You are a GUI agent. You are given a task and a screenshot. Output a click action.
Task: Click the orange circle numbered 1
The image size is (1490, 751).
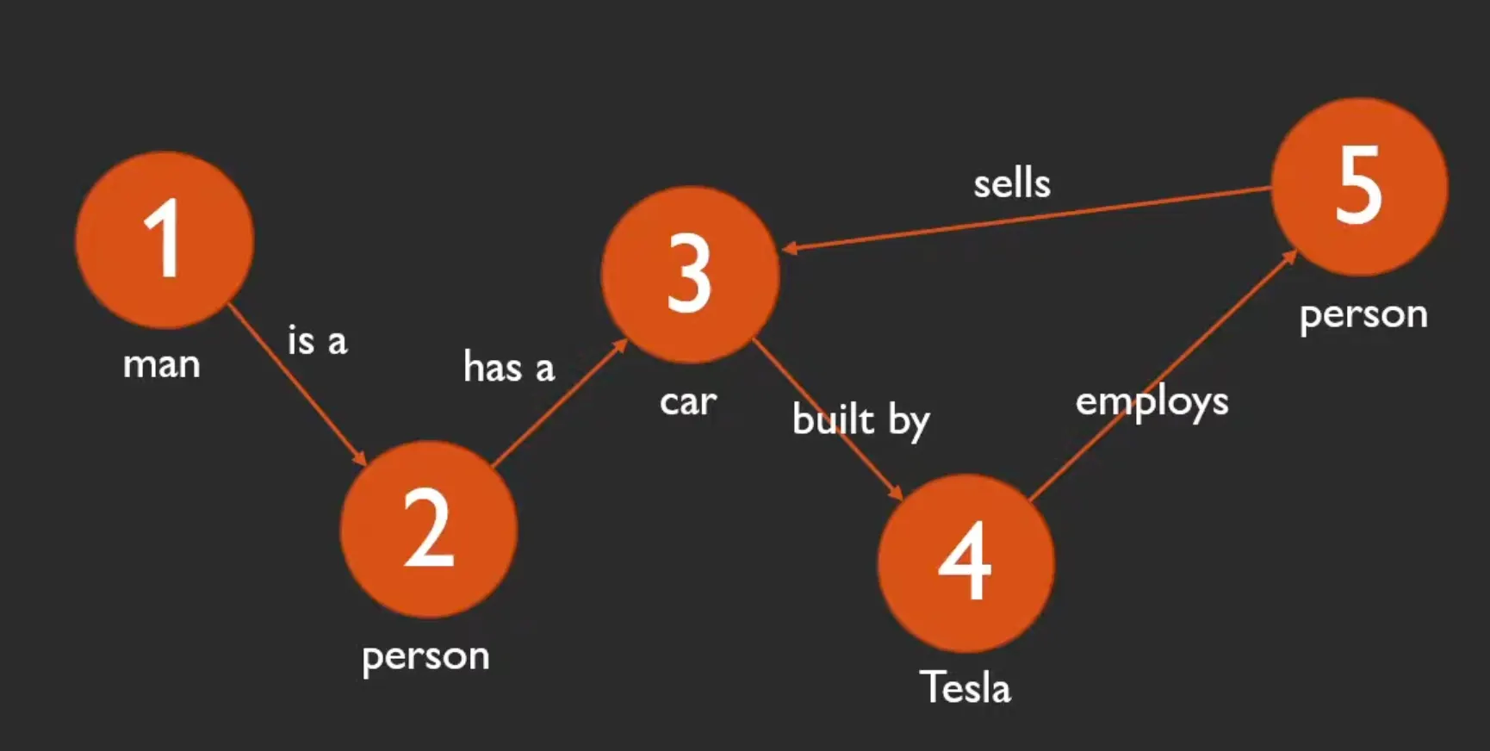click(x=164, y=239)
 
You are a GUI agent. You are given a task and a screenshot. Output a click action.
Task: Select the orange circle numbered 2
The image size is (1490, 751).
click(x=428, y=529)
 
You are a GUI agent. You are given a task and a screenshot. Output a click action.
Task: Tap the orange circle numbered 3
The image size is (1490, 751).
click(x=689, y=275)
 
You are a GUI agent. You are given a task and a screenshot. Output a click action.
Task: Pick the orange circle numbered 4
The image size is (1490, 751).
click(x=965, y=562)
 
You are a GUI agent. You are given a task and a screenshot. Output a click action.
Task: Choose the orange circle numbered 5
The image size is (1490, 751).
click(x=1359, y=186)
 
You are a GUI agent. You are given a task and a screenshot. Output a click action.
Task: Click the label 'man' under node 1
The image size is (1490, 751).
click(x=162, y=365)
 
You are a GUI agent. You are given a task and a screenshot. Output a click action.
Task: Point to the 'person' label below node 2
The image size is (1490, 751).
click(x=425, y=657)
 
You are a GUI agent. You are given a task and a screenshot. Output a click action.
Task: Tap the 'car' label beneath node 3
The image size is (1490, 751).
click(x=688, y=402)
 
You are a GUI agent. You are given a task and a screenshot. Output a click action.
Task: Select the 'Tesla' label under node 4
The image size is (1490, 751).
click(x=965, y=688)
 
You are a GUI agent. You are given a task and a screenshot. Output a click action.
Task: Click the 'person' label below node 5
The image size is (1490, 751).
click(x=1363, y=315)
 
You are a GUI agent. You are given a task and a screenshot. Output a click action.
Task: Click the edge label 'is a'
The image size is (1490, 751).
click(x=317, y=341)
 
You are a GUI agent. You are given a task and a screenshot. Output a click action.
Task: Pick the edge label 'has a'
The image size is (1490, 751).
click(x=509, y=368)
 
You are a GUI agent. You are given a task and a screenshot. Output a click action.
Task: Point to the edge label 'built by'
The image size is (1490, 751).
click(x=860, y=420)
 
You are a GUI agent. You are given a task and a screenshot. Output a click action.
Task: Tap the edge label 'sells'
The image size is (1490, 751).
click(x=1012, y=184)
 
